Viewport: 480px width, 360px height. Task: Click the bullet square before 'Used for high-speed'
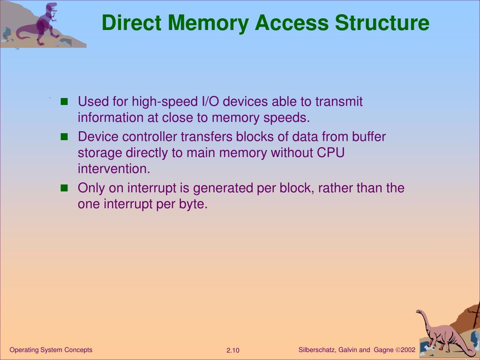[65, 102]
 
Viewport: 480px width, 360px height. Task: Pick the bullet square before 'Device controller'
[65, 137]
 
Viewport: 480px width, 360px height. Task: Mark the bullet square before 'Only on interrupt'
[65, 188]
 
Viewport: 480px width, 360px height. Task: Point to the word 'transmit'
[339, 102]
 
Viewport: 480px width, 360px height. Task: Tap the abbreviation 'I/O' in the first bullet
[210, 102]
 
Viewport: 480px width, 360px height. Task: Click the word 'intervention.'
[114, 169]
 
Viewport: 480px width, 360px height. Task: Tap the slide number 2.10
[233, 351]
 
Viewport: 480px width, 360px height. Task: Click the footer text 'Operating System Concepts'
[51, 350]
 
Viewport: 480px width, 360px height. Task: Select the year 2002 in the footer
[408, 350]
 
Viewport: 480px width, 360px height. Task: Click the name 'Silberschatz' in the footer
[316, 350]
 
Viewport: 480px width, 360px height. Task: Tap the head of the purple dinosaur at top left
[52, 7]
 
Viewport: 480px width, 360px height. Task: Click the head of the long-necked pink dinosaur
[420, 312]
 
